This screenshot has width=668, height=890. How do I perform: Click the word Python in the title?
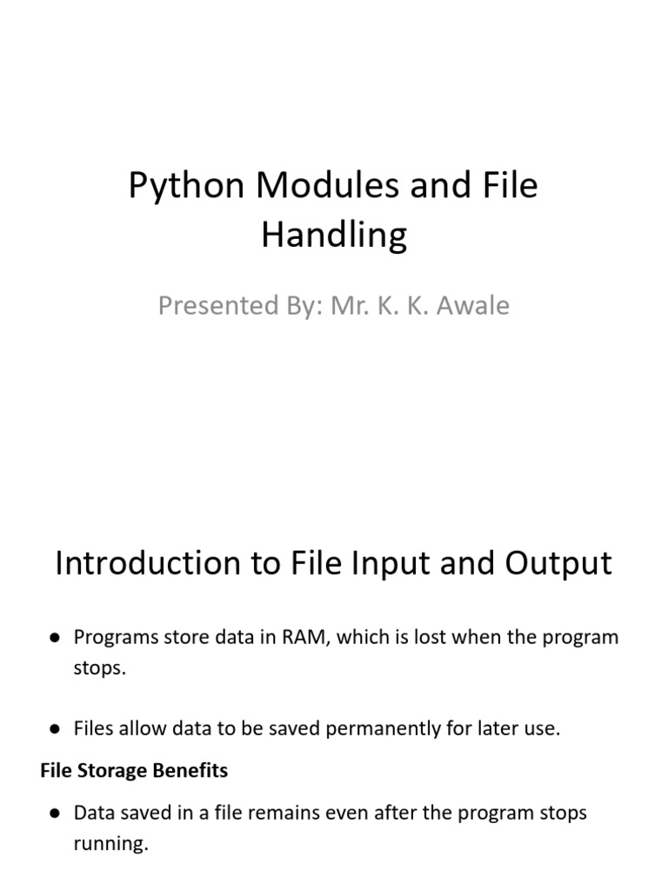tap(186, 187)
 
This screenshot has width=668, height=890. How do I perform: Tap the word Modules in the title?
tap(328, 184)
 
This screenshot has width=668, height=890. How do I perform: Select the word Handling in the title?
tap(334, 236)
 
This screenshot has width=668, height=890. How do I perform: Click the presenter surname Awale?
tap(472, 305)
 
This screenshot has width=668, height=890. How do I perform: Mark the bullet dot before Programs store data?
tap(55, 638)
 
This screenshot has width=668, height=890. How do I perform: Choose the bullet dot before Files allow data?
tap(55, 729)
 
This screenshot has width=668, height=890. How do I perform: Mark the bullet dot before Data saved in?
tap(55, 814)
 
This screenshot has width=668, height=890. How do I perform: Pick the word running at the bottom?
tap(110, 844)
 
